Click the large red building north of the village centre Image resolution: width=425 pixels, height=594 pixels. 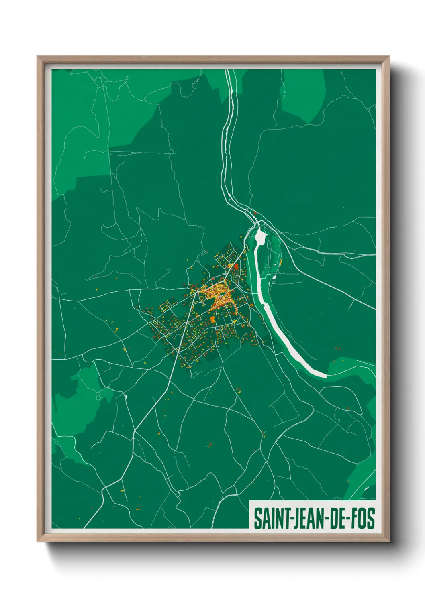point(236,266)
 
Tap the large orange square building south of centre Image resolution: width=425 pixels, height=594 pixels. point(212,319)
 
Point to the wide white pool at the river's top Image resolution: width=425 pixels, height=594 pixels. point(260,237)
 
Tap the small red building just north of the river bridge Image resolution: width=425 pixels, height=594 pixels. point(255,213)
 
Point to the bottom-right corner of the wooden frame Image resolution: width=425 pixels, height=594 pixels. point(389,541)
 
